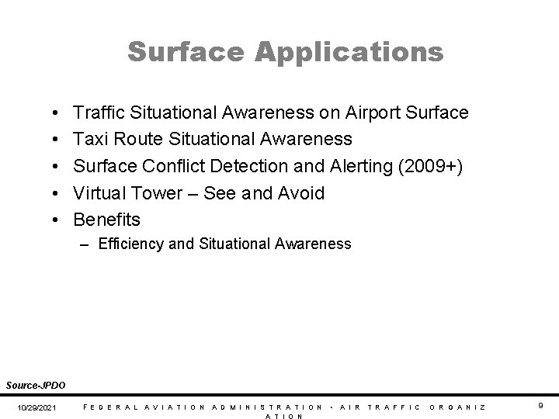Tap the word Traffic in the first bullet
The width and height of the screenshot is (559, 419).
pos(101,113)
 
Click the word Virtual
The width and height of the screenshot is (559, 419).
pos(102,192)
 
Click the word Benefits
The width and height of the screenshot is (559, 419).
pos(107,219)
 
